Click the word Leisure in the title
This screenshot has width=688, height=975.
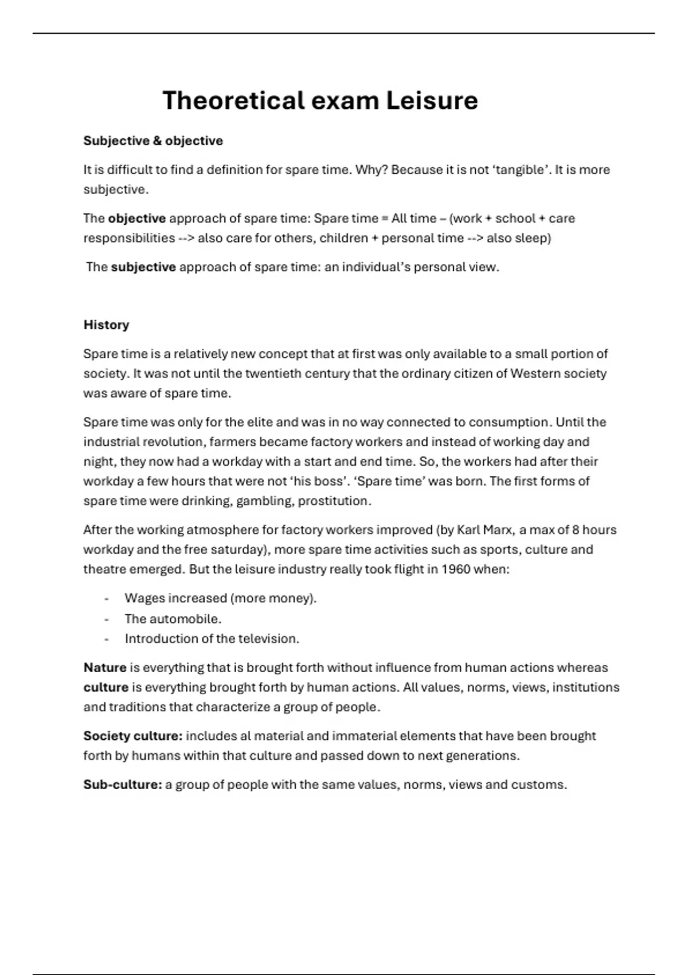point(432,101)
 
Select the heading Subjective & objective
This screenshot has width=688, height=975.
point(153,141)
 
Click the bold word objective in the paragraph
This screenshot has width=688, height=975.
point(137,219)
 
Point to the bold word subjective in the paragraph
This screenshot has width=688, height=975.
point(143,267)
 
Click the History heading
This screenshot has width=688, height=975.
point(106,325)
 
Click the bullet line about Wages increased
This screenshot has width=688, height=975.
point(221,598)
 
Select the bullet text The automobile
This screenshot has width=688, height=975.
point(173,619)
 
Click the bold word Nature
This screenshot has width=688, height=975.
point(105,668)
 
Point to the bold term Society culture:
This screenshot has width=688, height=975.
point(133,736)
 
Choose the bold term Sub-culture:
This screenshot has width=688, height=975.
point(123,785)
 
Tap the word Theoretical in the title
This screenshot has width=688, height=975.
point(234,101)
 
